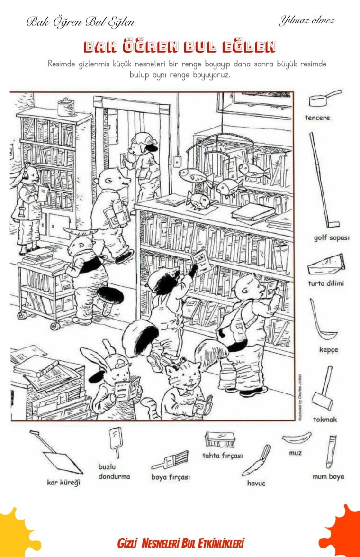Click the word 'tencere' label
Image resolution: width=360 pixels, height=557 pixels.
click(317, 118)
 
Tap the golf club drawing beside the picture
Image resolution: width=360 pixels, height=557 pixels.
click(323, 181)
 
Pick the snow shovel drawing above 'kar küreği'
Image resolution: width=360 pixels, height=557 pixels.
click(57, 453)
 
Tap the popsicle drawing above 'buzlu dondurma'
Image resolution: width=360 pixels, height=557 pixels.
click(116, 441)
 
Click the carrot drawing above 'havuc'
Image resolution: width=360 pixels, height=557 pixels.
click(256, 461)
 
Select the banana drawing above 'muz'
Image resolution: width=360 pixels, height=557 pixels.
click(297, 438)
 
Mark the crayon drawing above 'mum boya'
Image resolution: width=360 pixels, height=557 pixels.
click(331, 451)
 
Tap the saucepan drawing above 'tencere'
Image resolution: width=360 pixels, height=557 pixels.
click(324, 99)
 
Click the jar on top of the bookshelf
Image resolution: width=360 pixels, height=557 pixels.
click(66, 107)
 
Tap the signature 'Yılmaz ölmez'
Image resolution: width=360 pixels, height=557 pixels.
click(307, 20)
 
